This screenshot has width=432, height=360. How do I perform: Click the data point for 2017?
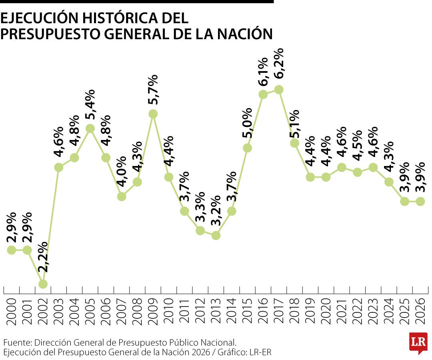pyautogui.click(x=279, y=90)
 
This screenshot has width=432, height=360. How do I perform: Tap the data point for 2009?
pyautogui.click(x=153, y=114)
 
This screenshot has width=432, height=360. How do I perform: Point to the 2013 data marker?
pyautogui.click(x=216, y=235)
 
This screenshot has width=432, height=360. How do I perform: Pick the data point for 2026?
pyautogui.click(x=420, y=201)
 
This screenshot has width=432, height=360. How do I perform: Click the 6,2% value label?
pyautogui.click(x=279, y=64)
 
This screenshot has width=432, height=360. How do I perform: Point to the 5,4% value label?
pyautogui.click(x=90, y=104)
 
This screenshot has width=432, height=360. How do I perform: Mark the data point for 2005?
pyautogui.click(x=90, y=128)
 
